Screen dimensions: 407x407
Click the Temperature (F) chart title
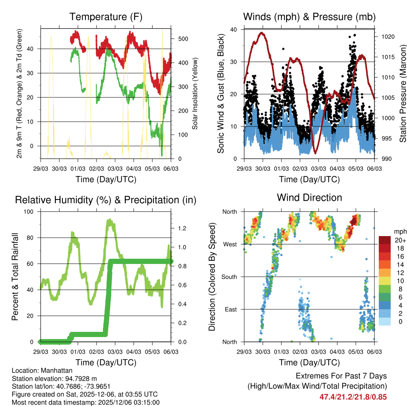click(x=105, y=17)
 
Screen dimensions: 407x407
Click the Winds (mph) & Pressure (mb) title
click(x=309, y=17)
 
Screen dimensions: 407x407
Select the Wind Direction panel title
click(x=309, y=198)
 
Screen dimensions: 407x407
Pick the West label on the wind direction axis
click(x=230, y=244)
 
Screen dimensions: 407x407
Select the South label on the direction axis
click(x=229, y=277)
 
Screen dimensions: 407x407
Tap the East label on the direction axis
click(x=231, y=309)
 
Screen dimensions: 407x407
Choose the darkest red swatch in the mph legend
click(x=384, y=240)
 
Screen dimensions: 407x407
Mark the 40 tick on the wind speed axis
click(x=234, y=29)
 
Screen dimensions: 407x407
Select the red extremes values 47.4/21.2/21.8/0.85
click(x=353, y=397)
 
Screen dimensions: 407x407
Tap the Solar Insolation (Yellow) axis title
click(x=195, y=94)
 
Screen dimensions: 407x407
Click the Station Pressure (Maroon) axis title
click(x=403, y=94)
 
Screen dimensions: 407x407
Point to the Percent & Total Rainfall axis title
click(x=15, y=277)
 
